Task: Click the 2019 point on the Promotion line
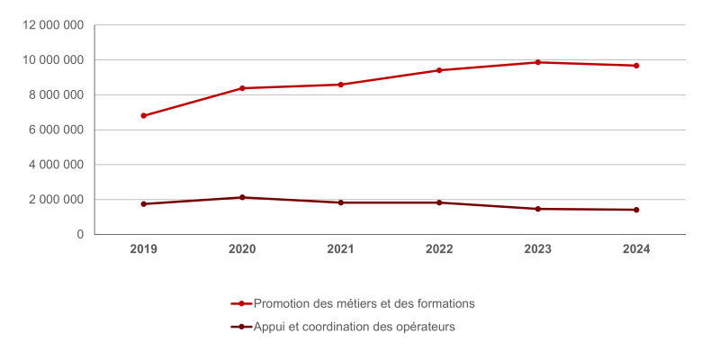[143, 115]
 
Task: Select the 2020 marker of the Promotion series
[242, 88]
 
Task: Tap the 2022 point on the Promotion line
[439, 70]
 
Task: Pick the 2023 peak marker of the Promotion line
[538, 62]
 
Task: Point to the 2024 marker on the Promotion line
[636, 66]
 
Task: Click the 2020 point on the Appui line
[242, 197]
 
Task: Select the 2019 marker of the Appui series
[143, 204]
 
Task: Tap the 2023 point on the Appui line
[538, 209]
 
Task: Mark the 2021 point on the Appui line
[340, 202]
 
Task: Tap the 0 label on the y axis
[80, 235]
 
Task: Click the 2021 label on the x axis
[340, 249]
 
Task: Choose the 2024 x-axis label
[636, 249]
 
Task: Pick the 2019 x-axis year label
[143, 249]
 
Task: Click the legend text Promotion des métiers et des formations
[364, 303]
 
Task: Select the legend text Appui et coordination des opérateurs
[355, 327]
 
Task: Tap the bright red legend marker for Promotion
[241, 303]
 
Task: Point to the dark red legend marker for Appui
[241, 327]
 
